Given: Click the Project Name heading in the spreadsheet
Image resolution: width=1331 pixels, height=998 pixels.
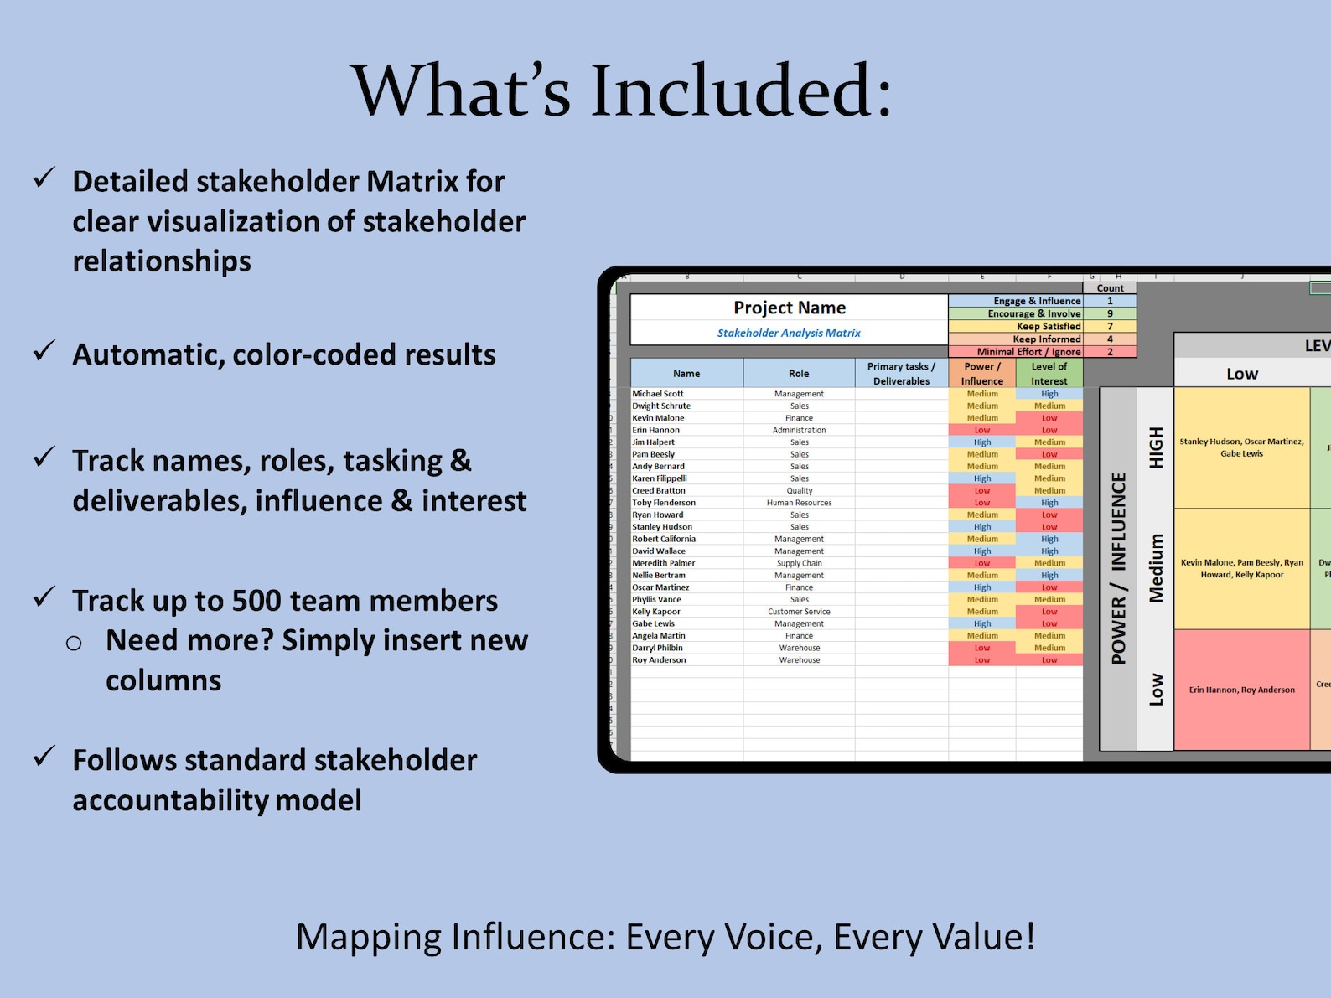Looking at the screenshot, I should click(790, 308).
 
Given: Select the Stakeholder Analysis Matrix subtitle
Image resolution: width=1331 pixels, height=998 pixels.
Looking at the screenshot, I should click(789, 333).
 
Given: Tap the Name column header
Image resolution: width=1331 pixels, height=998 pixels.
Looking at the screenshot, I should click(686, 374).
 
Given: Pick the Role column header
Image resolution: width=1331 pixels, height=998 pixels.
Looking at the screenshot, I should click(799, 374).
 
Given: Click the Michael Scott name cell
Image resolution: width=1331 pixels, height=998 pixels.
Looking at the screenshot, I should click(658, 394).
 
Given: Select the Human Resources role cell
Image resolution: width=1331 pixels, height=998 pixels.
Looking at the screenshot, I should click(799, 503).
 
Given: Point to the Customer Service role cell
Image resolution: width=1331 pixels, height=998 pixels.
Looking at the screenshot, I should click(799, 612).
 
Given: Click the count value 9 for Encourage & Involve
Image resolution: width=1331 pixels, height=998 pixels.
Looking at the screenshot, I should click(1110, 313).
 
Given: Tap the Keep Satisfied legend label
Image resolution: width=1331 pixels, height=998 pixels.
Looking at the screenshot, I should click(1049, 326).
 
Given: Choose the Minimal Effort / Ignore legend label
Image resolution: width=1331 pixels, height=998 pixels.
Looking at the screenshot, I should click(1028, 352).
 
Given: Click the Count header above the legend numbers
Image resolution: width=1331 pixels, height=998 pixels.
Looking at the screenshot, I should click(1110, 288).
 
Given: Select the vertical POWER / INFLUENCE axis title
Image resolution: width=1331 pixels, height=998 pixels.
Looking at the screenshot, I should click(1118, 568).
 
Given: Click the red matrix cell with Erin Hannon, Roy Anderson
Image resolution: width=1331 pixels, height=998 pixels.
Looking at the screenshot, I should click(1241, 690).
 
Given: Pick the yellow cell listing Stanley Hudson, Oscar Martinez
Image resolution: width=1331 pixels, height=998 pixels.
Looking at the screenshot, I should click(1241, 447).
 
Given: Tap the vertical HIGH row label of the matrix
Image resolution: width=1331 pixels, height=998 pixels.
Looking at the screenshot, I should click(1156, 447).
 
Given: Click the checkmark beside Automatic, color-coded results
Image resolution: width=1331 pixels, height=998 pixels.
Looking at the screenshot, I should click(44, 351).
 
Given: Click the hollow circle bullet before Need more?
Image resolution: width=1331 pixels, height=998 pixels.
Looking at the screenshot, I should click(74, 643).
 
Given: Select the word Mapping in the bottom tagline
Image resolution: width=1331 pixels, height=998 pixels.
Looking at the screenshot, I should click(368, 937).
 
